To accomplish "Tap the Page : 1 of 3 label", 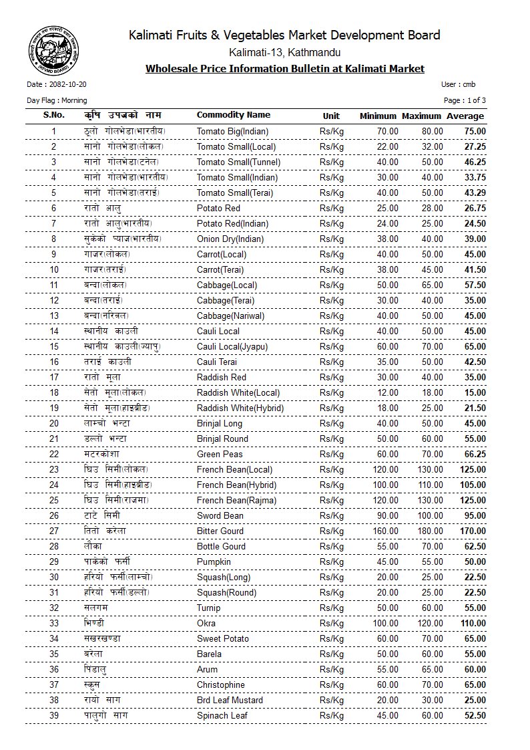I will click(x=465, y=100).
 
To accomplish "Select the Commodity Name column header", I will click(x=234, y=115).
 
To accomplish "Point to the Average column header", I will click(x=465, y=116).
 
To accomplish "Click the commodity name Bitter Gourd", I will click(x=220, y=531).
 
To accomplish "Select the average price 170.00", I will click(x=471, y=531).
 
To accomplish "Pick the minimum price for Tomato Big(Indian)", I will click(x=387, y=132).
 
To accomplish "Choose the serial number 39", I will click(x=54, y=716).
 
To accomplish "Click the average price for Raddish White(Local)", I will click(x=475, y=393).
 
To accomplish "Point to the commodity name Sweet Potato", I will click(x=223, y=639).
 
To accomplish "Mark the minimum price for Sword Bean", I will click(x=387, y=516).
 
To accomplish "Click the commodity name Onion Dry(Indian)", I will click(x=230, y=239).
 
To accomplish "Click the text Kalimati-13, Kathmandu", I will click(x=284, y=52).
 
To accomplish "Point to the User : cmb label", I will click(x=458, y=85).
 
